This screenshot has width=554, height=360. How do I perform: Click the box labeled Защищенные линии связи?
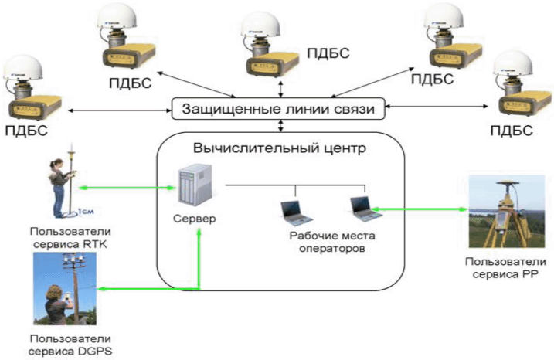coord(278,108)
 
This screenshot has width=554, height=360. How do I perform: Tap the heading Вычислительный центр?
coord(280,148)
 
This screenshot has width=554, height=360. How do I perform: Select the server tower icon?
coord(195,185)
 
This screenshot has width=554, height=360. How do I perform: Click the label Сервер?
coord(194,219)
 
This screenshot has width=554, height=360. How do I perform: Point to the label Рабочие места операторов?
coord(332,242)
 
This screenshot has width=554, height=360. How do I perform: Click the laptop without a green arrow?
coord(296,213)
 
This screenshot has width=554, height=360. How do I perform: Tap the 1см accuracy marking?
coord(86,211)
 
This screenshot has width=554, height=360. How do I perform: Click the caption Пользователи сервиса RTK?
coord(70,238)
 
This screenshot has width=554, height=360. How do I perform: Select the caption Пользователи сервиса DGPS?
coord(70,345)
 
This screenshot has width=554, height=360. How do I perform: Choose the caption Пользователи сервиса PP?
coord(505,268)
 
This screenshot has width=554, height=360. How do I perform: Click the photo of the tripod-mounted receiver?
coord(507,211)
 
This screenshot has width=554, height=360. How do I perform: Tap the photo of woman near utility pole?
coord(65,289)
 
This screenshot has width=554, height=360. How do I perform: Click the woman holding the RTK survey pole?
coord(60,188)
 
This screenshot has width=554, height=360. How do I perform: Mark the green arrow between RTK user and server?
coord(127,188)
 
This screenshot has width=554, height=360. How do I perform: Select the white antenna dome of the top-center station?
coord(260,24)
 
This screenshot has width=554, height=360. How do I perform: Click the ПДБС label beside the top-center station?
coord(328,53)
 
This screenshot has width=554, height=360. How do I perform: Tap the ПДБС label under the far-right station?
coord(512,131)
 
